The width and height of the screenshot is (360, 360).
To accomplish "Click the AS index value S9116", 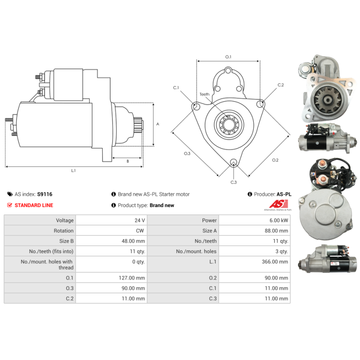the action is click(45, 194).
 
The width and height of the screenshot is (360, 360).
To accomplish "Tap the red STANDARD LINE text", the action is click(34, 205).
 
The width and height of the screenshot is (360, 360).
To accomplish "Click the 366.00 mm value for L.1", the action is click(275, 262).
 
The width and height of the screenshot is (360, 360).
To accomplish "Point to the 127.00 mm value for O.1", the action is click(132, 278).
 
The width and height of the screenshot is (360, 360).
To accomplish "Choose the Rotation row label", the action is click(63, 231).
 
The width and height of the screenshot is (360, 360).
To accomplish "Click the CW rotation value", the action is click(140, 231).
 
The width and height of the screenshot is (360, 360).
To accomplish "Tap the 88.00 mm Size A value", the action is click(276, 231).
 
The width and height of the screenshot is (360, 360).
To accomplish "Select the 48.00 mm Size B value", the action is click(133, 241).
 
